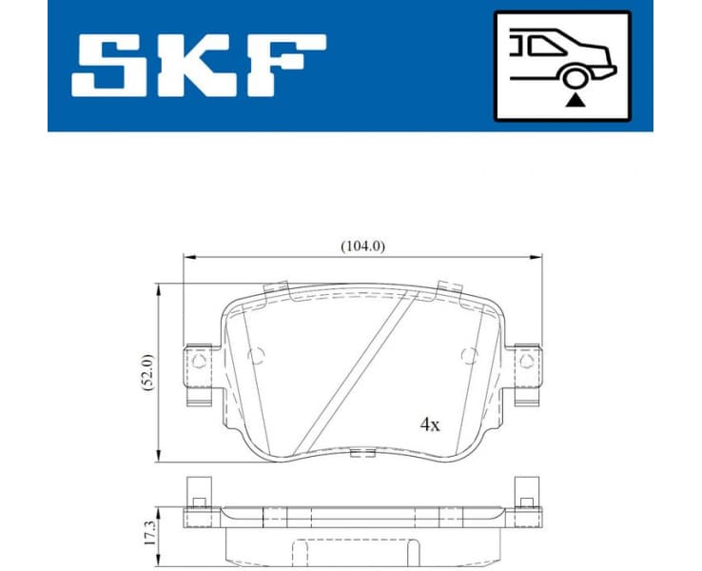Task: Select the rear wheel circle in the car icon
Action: point(573,78)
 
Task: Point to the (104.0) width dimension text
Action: point(362,246)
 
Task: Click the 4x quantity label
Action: point(430,424)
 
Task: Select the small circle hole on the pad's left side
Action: point(255,356)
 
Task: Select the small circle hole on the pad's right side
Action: point(467,356)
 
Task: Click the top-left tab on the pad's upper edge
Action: point(277,288)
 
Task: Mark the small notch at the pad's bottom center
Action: point(361,453)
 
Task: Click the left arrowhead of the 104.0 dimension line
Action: point(186,257)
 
